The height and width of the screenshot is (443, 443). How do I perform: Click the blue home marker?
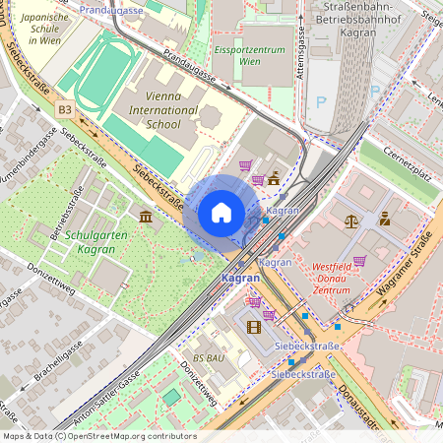tap(221, 213)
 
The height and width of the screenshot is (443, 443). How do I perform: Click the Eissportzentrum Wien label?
tap(243, 54)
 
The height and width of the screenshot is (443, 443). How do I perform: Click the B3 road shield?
tap(65, 110)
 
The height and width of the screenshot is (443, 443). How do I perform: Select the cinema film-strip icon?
tap(255, 327)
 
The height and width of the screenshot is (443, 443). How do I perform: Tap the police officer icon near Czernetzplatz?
tap(384, 219)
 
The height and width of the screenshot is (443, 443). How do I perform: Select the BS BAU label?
tap(209, 358)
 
